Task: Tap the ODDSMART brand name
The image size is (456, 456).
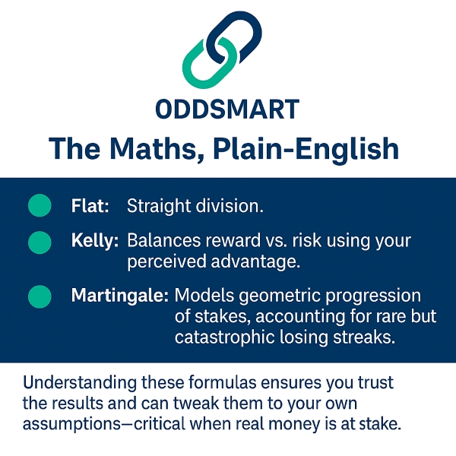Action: [x=227, y=109]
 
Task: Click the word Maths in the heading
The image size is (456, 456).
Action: [x=153, y=149]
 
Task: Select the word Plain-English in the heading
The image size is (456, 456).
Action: [x=306, y=149]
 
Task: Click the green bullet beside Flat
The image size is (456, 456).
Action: [x=40, y=205]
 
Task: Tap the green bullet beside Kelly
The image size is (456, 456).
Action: [x=40, y=242]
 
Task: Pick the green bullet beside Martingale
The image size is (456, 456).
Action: [x=40, y=296]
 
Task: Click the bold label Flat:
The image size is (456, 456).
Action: [x=90, y=206]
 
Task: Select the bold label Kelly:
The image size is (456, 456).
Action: [x=95, y=241]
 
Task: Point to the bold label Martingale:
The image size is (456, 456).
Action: [x=120, y=296]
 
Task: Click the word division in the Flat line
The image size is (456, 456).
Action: [x=230, y=206]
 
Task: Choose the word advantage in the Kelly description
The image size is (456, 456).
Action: [x=255, y=261]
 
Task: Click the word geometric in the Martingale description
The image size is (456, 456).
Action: [x=280, y=296]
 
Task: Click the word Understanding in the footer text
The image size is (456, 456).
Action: [x=79, y=383]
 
